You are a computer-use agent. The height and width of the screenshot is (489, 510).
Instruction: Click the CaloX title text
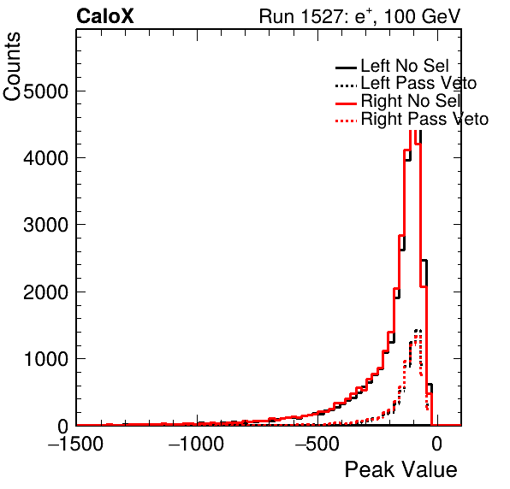[105, 16]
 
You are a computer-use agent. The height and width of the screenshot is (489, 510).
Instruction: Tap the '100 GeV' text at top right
[422, 16]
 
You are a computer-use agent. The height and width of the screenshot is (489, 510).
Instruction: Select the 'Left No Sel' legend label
[405, 66]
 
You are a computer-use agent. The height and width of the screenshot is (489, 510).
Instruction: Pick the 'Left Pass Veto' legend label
[418, 83]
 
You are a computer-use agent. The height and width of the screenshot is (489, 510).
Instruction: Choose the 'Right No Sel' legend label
[411, 101]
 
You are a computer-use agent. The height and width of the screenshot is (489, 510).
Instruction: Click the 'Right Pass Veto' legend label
[424, 119]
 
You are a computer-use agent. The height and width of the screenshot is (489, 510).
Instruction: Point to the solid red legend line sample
[346, 103]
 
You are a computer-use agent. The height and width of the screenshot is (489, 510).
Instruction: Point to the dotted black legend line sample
[346, 85]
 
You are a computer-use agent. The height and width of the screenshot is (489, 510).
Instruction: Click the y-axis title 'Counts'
[12, 67]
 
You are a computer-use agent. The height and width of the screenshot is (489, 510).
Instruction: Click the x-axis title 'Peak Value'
[400, 470]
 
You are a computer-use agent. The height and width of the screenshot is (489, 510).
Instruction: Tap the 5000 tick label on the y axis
[45, 91]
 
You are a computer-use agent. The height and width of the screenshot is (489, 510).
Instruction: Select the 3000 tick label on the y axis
[45, 225]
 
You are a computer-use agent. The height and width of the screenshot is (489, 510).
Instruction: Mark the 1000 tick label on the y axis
[45, 359]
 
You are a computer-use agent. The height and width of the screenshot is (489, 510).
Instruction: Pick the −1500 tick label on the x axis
[75, 444]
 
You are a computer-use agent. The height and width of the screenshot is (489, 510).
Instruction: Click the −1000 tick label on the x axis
[196, 444]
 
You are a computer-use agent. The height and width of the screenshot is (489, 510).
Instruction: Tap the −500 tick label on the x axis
[317, 444]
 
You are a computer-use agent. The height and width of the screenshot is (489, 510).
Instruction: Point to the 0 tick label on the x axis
[437, 444]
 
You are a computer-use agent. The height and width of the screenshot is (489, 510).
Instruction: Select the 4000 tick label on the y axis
[45, 158]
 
